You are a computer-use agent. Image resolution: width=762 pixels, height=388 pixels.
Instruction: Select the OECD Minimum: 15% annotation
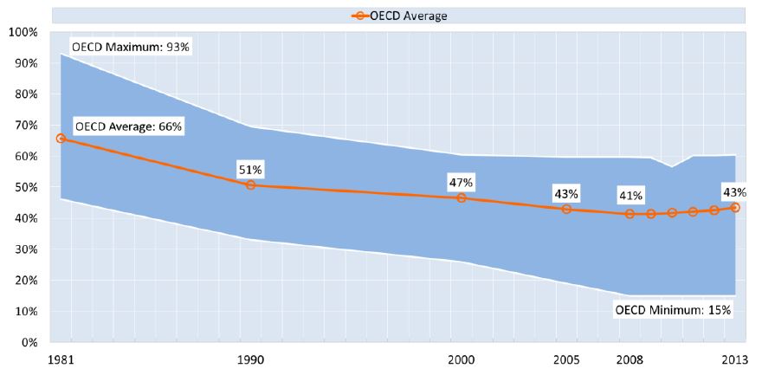(673, 309)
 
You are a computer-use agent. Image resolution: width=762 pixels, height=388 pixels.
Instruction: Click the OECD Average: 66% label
(128, 126)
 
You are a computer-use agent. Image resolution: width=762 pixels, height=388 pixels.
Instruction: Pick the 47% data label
(461, 182)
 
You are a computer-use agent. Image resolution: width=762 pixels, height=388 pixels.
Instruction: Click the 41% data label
(630, 195)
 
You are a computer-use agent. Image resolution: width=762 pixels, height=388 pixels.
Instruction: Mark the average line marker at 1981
(61, 139)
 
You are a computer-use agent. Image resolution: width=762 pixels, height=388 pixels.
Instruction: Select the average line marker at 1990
(251, 184)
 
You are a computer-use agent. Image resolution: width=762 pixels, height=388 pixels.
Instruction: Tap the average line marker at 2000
(461, 197)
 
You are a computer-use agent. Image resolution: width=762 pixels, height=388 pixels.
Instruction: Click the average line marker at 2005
(566, 209)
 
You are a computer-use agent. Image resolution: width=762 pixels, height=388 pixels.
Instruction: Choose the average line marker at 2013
(734, 208)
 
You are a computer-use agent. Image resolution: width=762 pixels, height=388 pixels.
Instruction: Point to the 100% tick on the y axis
(22, 32)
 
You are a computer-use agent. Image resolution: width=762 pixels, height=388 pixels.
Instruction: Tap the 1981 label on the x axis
(61, 359)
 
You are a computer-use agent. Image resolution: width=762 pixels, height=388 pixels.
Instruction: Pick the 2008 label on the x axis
(630, 359)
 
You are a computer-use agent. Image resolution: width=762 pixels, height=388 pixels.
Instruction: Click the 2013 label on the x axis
(734, 359)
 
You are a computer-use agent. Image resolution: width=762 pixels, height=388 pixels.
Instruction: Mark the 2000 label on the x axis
(461, 359)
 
